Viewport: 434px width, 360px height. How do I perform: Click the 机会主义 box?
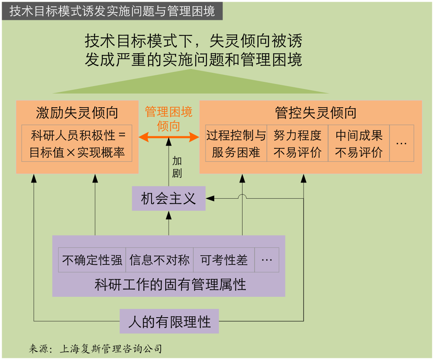(x=169, y=198)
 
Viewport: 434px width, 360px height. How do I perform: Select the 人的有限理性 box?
(x=169, y=321)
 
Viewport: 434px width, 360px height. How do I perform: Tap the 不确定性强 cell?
(x=92, y=260)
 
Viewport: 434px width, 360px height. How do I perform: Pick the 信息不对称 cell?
(x=159, y=260)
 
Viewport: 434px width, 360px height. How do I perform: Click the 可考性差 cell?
(x=223, y=260)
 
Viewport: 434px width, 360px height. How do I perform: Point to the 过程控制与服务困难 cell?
(x=236, y=143)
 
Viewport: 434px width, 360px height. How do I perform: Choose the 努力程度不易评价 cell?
(x=297, y=143)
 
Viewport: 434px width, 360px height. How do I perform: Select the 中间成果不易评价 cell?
(x=359, y=143)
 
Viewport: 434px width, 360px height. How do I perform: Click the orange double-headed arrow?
(x=169, y=137)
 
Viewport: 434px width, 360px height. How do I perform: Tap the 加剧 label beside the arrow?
(x=177, y=167)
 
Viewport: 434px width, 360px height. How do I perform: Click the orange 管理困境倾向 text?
(x=169, y=119)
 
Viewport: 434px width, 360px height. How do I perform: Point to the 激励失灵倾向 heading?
(x=77, y=113)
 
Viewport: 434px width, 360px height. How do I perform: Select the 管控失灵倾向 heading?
(x=316, y=113)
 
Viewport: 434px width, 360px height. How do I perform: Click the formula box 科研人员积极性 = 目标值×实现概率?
(x=77, y=143)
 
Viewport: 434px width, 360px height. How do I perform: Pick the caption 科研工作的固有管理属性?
(x=170, y=285)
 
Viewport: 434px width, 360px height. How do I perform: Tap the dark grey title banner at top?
(x=113, y=11)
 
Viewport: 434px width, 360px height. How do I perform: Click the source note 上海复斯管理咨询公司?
(x=111, y=349)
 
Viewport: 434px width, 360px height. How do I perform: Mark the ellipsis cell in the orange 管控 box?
(x=402, y=143)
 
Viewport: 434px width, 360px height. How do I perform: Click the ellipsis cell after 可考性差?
(x=267, y=260)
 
